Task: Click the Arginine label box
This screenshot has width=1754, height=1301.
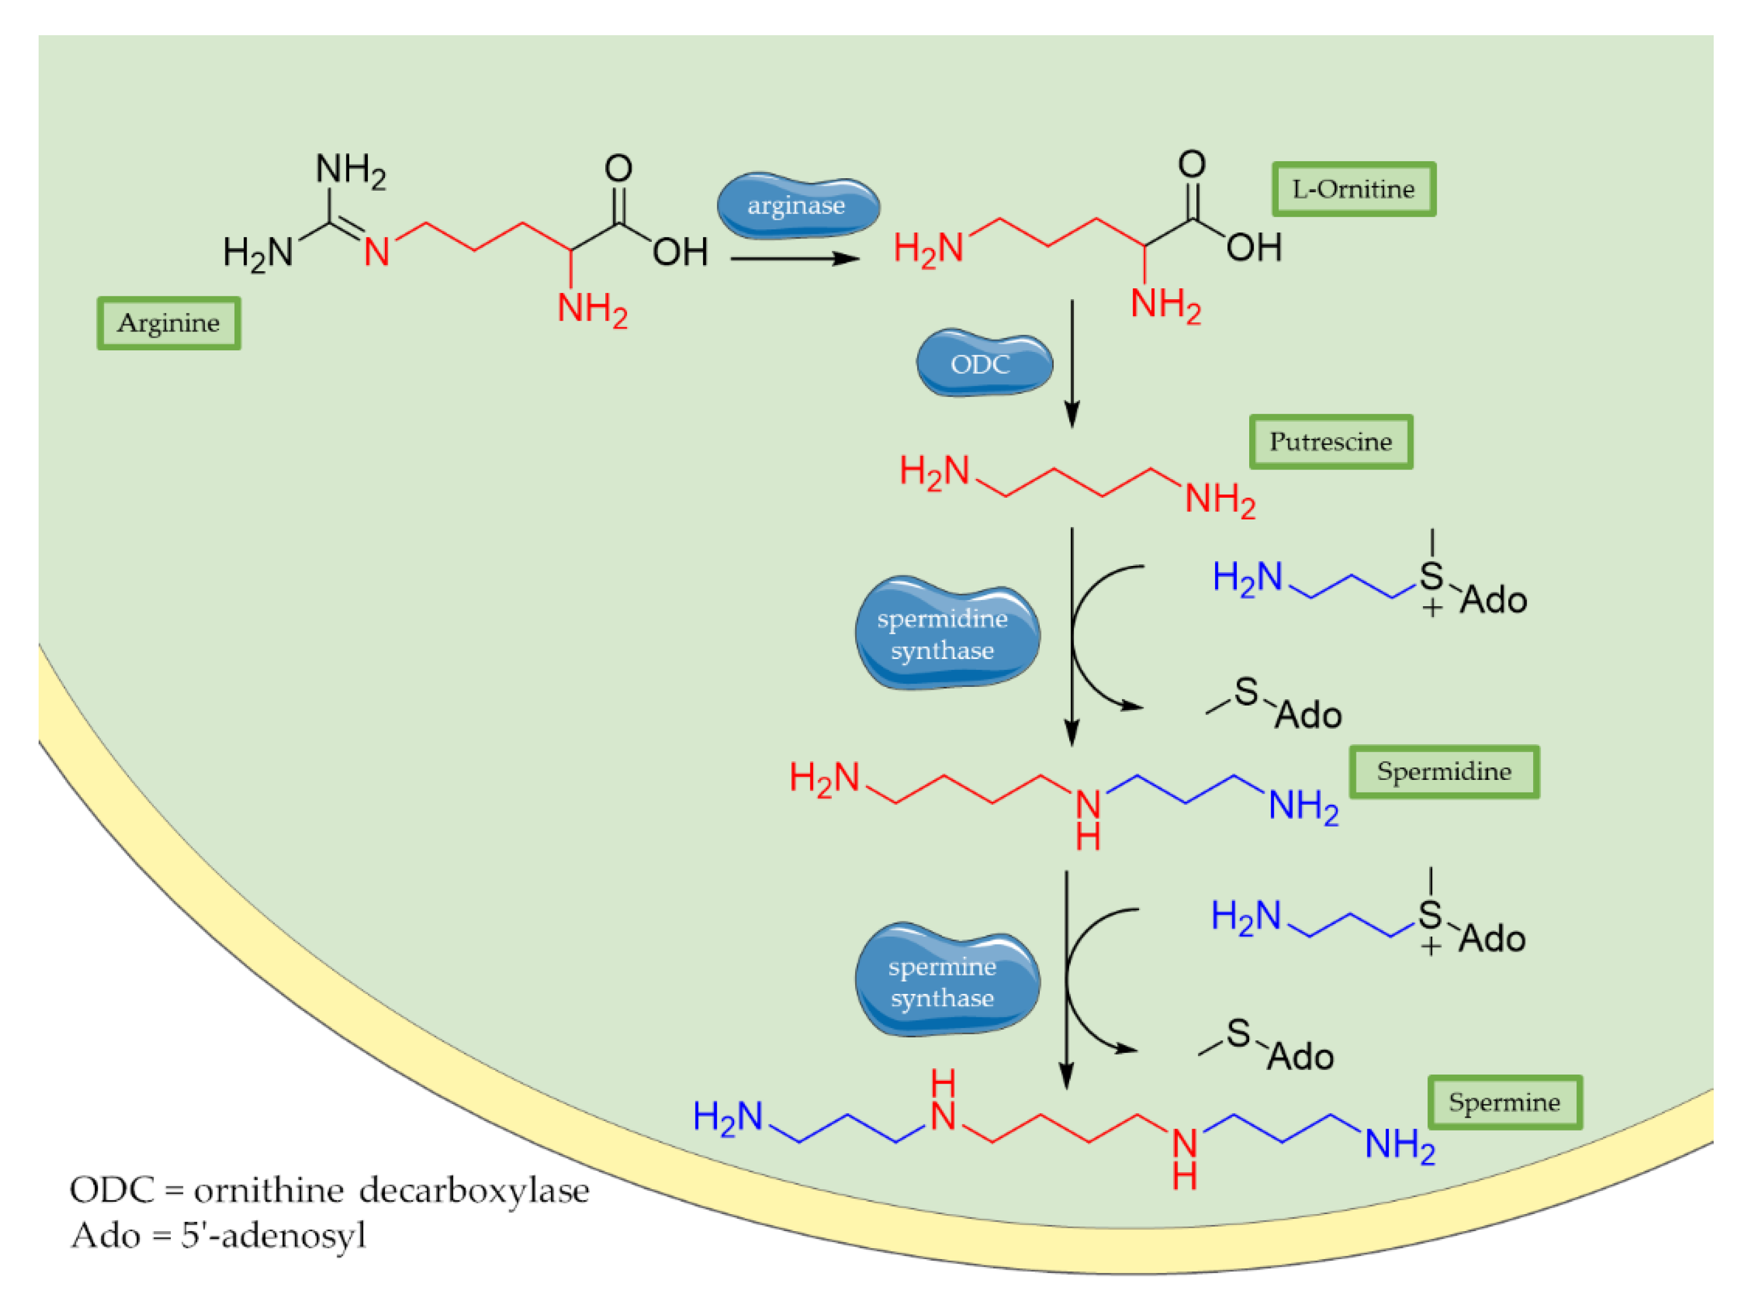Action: pyautogui.click(x=169, y=323)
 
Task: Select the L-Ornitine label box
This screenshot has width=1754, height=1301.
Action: pyautogui.click(x=1353, y=189)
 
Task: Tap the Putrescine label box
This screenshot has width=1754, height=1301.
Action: pyautogui.click(x=1330, y=442)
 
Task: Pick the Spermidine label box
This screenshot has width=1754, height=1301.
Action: pyautogui.click(x=1443, y=772)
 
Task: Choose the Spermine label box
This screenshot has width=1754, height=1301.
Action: pyautogui.click(x=1504, y=1102)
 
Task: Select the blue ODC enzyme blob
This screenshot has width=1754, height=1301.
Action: pyautogui.click(x=983, y=364)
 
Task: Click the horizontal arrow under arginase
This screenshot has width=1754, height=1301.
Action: pyautogui.click(x=794, y=258)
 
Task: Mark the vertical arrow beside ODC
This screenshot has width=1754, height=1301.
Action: pyautogui.click(x=1072, y=362)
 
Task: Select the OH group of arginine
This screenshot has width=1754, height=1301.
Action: pyautogui.click(x=680, y=253)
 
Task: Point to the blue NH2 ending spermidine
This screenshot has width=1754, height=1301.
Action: pyautogui.click(x=1303, y=807)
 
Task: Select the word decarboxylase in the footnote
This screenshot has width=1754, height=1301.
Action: pyautogui.click(x=474, y=1190)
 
